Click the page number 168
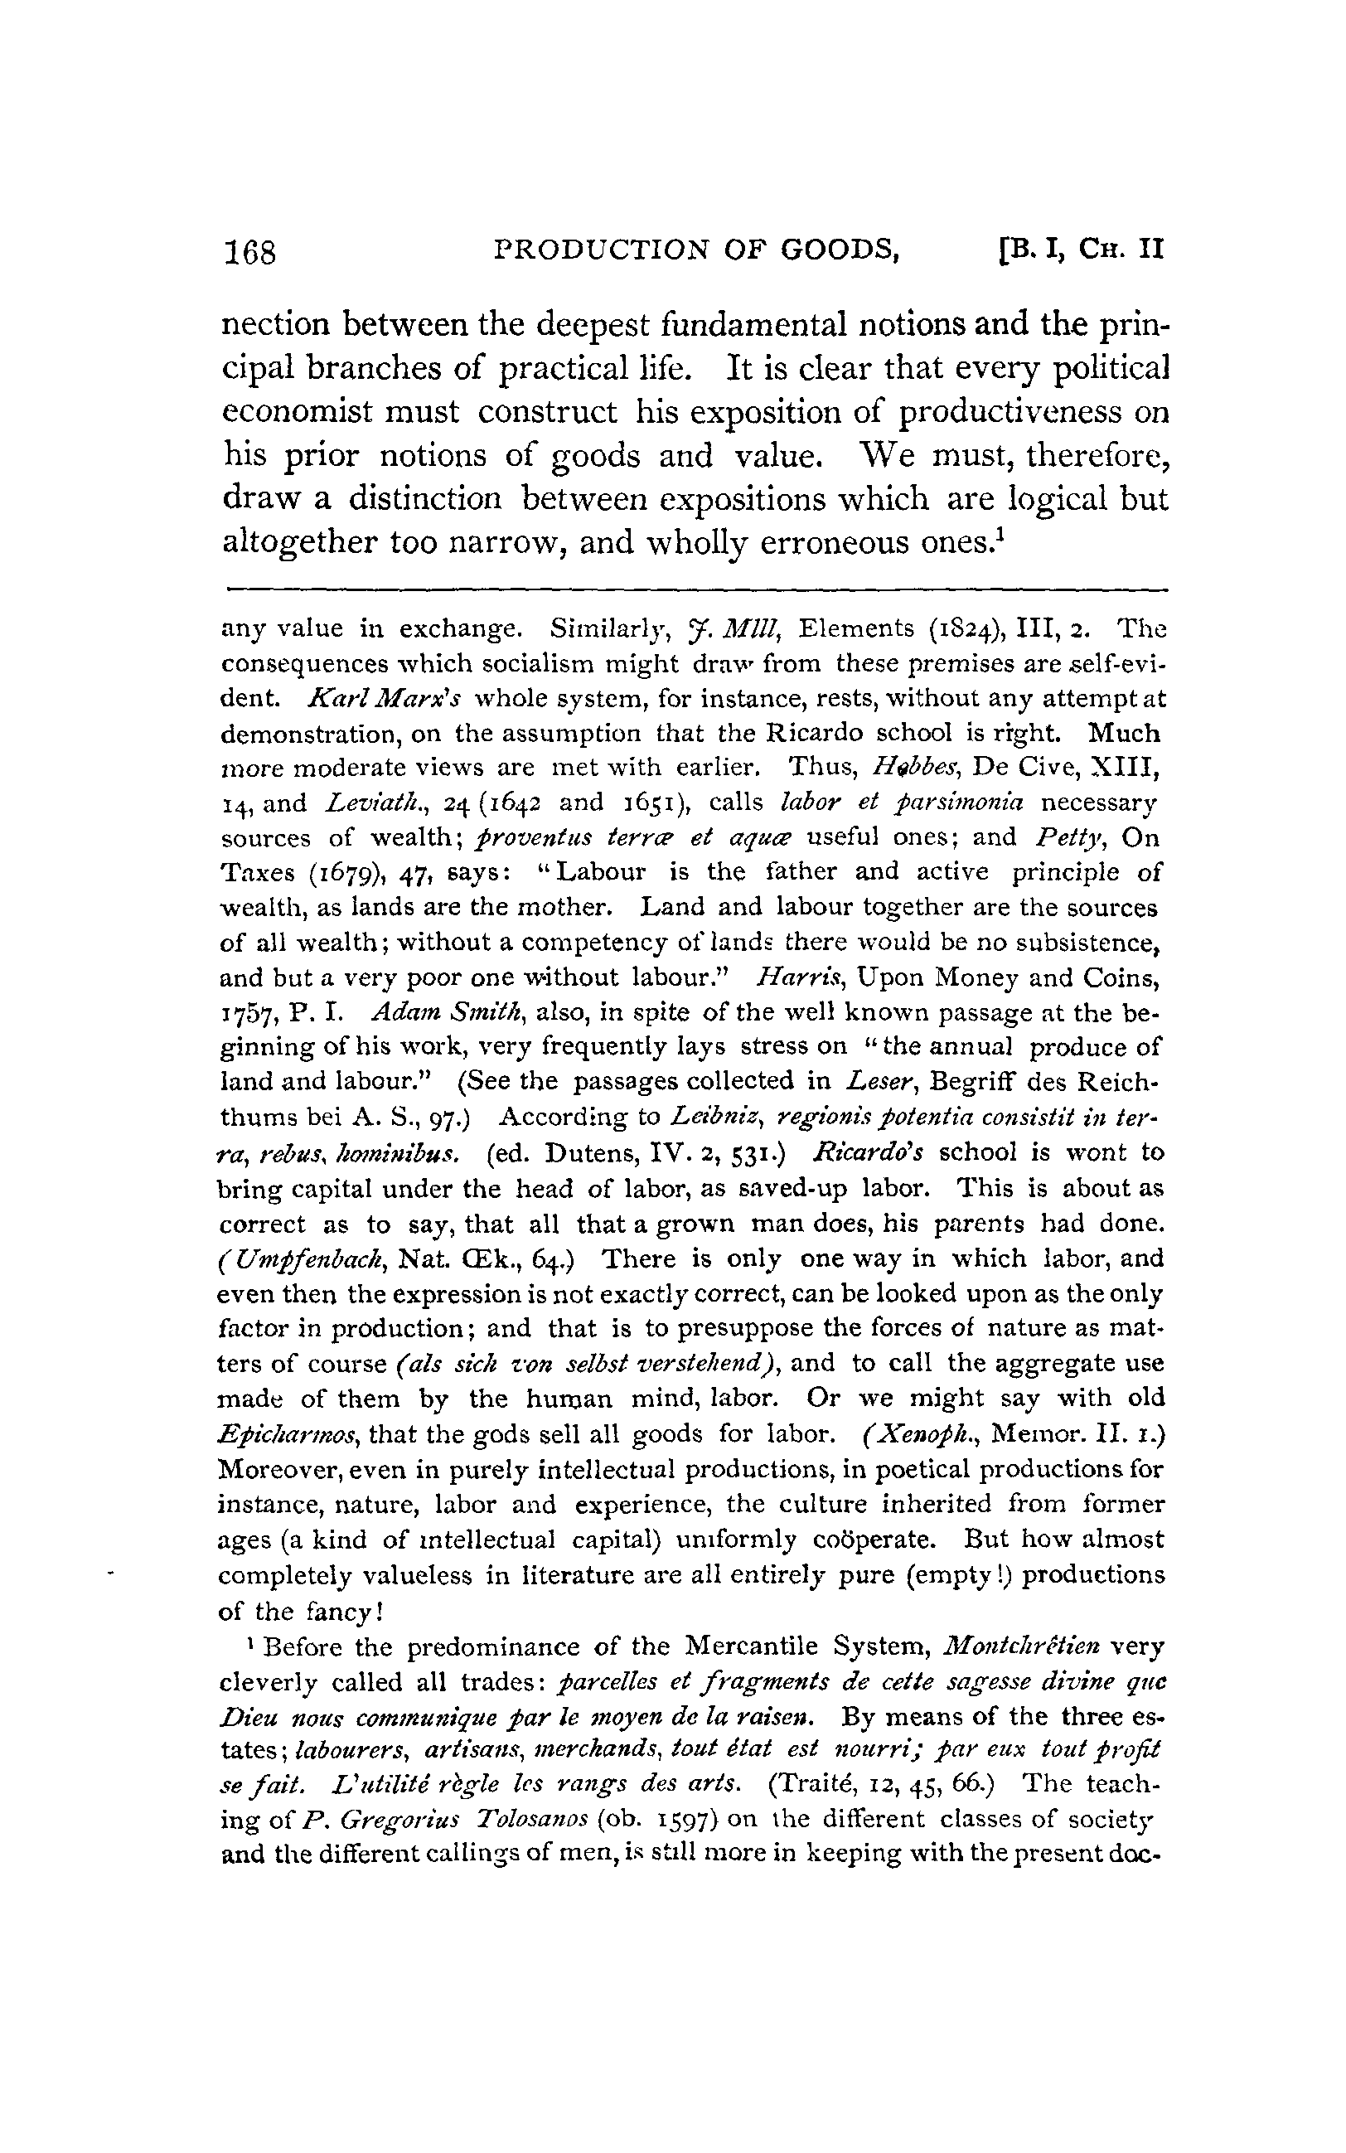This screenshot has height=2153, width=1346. pos(251,253)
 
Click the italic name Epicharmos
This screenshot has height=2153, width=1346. pos(289,1433)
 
